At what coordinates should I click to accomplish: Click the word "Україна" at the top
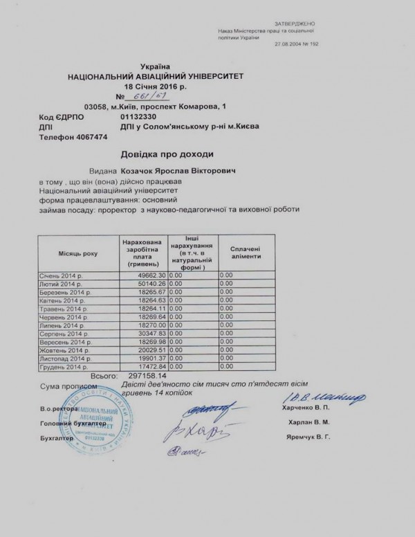[154, 64]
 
